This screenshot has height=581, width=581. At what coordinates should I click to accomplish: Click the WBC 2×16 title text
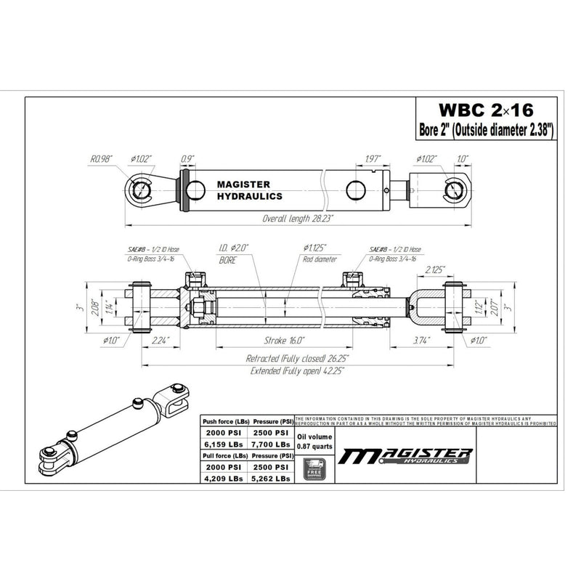point(486,110)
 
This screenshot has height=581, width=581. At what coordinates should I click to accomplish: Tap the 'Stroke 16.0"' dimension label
point(285,339)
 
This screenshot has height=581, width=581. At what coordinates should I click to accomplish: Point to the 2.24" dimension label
point(161,339)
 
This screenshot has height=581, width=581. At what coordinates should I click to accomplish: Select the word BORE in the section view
point(227,257)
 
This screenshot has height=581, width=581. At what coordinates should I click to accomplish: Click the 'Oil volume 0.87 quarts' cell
point(316,439)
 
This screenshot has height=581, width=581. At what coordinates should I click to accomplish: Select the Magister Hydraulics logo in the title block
point(407,456)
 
